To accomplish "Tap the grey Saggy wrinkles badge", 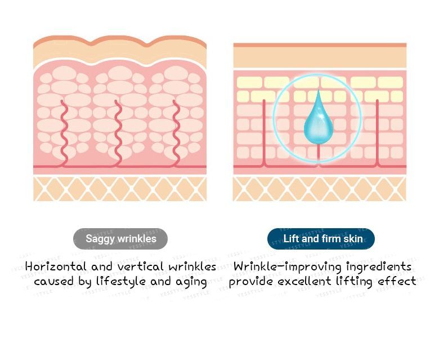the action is pyautogui.click(x=120, y=239).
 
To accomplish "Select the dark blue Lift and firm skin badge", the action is pyautogui.click(x=321, y=239).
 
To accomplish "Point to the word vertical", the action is pyautogui.click(x=140, y=266).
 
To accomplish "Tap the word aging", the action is pyautogui.click(x=191, y=282).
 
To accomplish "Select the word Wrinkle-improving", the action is pyautogui.click(x=287, y=267).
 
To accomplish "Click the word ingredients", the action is pyautogui.click(x=379, y=267).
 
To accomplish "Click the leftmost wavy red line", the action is pyautogui.click(x=65, y=133).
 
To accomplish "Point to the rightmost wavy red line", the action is pyautogui.click(x=176, y=133).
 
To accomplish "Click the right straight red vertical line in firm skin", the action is pyautogui.click(x=378, y=133).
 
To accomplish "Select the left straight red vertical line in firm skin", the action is pyautogui.click(x=264, y=133).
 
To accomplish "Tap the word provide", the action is pyautogui.click(x=251, y=282).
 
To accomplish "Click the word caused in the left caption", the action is pyautogui.click(x=53, y=281).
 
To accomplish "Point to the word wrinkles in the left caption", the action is pyautogui.click(x=192, y=266).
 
